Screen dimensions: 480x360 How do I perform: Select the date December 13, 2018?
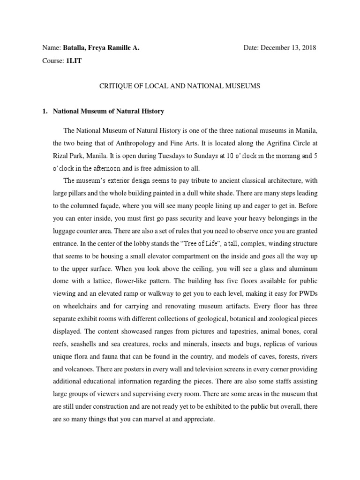click(288, 48)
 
